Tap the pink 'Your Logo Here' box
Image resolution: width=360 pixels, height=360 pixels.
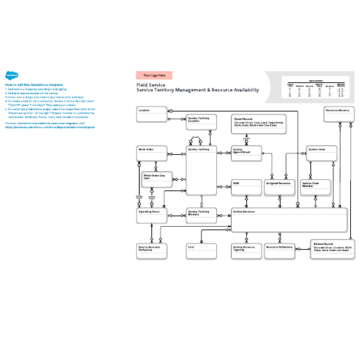coord(154,75)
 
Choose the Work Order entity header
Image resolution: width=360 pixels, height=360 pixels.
coord(151,149)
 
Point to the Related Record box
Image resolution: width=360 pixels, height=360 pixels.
coord(331,250)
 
